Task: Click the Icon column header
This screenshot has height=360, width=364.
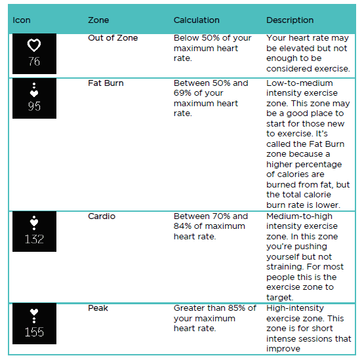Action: point(22,20)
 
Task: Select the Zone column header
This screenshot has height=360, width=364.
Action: point(98,20)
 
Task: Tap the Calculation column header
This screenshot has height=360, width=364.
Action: point(196,20)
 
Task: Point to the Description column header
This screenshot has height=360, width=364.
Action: point(290,20)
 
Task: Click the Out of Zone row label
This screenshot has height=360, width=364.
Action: point(113,38)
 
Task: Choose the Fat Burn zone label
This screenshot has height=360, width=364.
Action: point(106,83)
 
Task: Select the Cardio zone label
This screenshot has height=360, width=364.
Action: point(102,216)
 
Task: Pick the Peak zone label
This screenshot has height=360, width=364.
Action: point(98,308)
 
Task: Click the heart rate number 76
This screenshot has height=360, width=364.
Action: point(34,62)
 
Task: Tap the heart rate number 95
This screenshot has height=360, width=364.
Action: point(34,106)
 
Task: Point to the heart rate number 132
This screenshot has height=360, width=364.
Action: point(34,239)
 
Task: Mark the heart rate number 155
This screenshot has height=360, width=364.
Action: point(34,332)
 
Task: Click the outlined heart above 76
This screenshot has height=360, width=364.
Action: point(34,46)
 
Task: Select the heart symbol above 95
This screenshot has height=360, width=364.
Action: point(34,92)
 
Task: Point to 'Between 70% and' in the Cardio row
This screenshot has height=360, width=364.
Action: point(211,216)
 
